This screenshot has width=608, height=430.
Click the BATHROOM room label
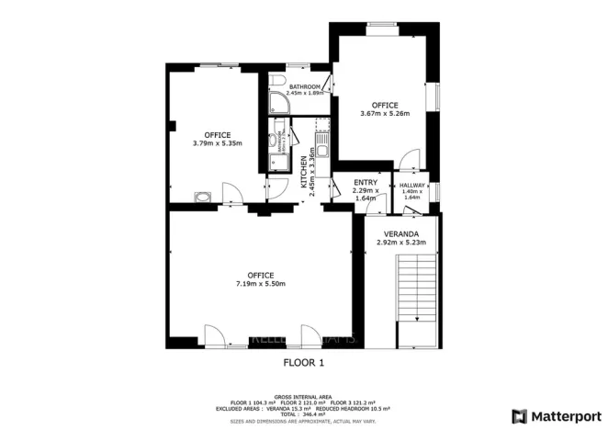pos(305,86)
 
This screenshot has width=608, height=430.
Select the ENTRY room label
pos(366,183)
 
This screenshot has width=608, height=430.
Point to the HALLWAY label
pos(411,186)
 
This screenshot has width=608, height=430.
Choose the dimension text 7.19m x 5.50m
pos(260,284)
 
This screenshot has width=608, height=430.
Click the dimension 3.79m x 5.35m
pos(217,143)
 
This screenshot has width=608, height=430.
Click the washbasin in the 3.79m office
pos(203,195)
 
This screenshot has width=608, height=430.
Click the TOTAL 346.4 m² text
pos(303,414)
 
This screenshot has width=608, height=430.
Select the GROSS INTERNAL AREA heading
pos(303,396)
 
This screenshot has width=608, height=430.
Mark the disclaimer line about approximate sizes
pos(303,421)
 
